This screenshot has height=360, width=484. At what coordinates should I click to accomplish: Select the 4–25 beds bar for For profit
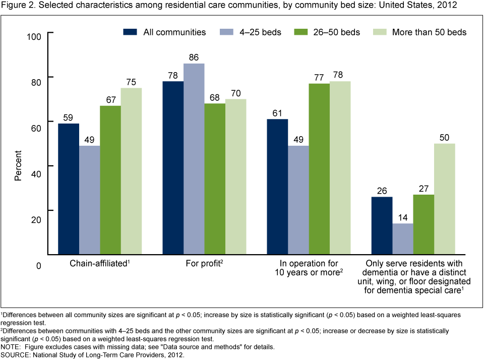(194, 159)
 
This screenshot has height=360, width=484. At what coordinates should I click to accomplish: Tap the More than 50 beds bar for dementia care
(444, 199)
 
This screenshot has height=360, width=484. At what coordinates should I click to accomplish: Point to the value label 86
(194, 57)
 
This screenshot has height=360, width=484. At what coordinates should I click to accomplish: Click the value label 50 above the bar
(444, 137)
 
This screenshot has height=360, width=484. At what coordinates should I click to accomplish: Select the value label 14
(402, 217)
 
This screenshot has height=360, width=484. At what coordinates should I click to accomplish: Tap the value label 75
(131, 82)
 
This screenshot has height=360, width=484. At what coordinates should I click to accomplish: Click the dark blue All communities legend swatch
(130, 32)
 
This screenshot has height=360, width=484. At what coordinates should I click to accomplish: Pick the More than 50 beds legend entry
(420, 32)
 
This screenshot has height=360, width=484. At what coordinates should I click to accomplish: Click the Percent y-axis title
(18, 166)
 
